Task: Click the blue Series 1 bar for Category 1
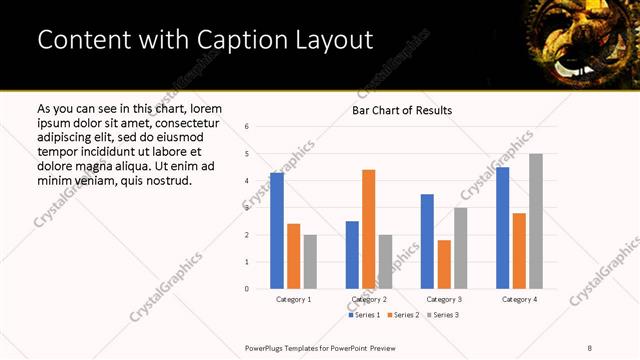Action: (x=277, y=231)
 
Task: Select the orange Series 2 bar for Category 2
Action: (x=368, y=229)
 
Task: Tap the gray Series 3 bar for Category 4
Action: (x=536, y=221)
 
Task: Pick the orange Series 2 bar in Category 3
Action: (x=443, y=264)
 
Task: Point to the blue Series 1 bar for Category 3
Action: (x=427, y=241)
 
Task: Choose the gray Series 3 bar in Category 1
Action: (x=310, y=262)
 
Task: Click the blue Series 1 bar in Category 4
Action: (x=502, y=228)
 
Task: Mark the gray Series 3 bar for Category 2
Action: (x=385, y=262)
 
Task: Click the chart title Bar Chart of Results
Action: (x=402, y=110)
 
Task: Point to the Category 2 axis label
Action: (x=368, y=299)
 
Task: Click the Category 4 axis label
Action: (x=519, y=299)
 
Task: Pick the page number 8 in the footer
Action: (x=590, y=347)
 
